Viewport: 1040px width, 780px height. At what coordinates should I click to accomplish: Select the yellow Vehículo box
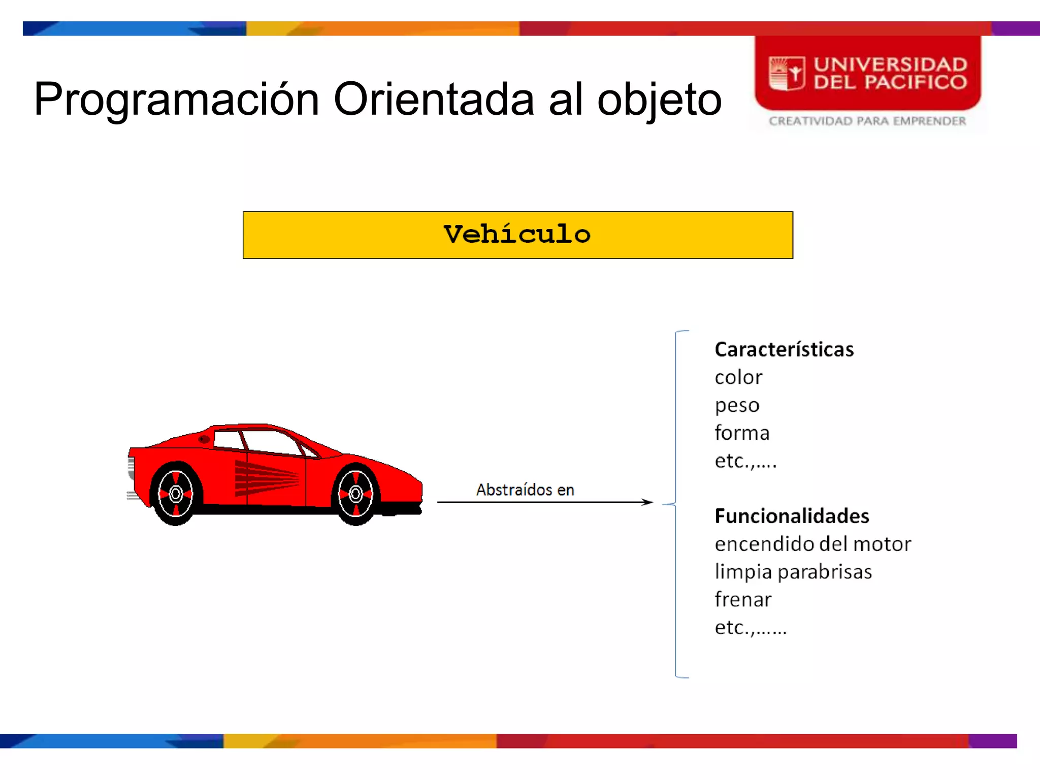[517, 235]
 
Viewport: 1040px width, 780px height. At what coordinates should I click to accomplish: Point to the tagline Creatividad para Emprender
[867, 121]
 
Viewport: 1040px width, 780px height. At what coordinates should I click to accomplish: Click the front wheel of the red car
[355, 493]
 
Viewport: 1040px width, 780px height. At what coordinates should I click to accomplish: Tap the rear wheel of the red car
[176, 494]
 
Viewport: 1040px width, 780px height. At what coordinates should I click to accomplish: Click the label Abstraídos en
[525, 490]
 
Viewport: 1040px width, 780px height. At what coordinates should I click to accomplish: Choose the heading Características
[784, 349]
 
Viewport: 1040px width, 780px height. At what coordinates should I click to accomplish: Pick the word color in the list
[738, 377]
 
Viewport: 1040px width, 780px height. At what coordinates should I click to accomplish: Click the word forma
[742, 433]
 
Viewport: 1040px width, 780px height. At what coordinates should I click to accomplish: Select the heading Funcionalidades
[792, 516]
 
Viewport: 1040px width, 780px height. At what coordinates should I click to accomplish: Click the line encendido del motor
[812, 544]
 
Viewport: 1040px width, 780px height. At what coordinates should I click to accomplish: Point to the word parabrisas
[825, 572]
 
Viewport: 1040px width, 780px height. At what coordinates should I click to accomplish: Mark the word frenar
[743, 600]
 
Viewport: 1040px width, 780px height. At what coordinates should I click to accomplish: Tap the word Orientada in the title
[434, 100]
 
